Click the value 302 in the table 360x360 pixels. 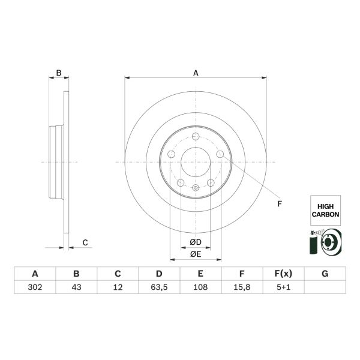(34, 287)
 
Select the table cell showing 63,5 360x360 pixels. (158, 287)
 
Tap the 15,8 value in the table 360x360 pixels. (241, 287)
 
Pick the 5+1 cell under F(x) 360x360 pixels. (283, 287)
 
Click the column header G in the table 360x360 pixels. (325, 274)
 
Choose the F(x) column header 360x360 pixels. (283, 274)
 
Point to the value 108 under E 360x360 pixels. (200, 287)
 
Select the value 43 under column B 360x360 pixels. (76, 287)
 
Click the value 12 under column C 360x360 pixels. (118, 287)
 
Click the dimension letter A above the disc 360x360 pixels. (196, 73)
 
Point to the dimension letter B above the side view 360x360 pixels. (58, 73)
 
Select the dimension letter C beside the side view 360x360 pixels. (85, 242)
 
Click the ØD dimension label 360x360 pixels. (196, 242)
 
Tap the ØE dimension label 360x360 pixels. (196, 254)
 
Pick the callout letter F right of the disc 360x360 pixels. (279, 204)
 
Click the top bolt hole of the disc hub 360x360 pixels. (196, 136)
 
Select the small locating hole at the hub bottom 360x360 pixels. (196, 188)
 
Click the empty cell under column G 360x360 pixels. (325, 287)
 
